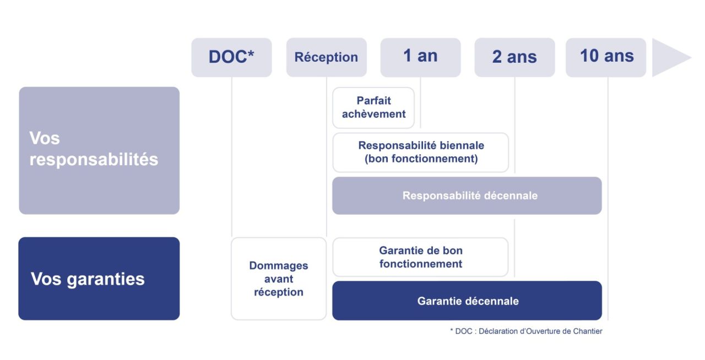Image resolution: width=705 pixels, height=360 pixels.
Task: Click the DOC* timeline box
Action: (x=231, y=57)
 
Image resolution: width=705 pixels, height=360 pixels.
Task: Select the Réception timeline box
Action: (x=326, y=57)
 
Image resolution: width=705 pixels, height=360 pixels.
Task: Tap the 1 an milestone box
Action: (x=420, y=57)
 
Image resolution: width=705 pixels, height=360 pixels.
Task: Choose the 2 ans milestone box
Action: (x=514, y=57)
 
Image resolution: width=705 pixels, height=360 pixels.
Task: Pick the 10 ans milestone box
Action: (x=606, y=57)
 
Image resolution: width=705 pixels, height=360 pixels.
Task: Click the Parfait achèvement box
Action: (x=373, y=107)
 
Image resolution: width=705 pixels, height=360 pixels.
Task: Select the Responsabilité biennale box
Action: (x=421, y=152)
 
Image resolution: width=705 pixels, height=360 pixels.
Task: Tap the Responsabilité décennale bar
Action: (x=467, y=195)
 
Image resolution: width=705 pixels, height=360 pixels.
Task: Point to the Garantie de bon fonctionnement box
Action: (x=421, y=257)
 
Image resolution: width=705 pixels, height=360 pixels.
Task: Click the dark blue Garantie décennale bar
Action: (x=467, y=301)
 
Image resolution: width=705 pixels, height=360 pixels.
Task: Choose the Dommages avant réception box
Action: (x=279, y=279)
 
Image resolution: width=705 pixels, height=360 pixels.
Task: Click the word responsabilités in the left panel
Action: (x=94, y=160)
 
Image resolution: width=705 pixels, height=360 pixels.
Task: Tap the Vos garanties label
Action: (x=88, y=279)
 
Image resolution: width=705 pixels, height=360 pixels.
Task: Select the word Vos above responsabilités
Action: (x=45, y=138)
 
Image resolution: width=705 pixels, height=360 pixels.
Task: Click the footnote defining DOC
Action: (x=526, y=331)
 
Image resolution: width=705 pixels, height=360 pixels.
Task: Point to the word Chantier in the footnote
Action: (x=588, y=331)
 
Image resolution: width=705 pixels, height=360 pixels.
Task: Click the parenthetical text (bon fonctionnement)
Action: (x=421, y=159)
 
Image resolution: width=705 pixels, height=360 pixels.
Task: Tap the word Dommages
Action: (x=279, y=266)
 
